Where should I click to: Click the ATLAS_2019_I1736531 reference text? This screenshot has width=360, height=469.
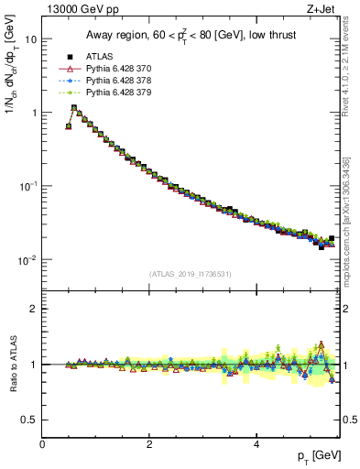coord(191,274)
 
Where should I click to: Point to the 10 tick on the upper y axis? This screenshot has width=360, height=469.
coord(30,39)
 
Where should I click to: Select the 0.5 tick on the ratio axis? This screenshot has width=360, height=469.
coord(29,420)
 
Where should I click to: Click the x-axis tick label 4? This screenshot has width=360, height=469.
coord(256,444)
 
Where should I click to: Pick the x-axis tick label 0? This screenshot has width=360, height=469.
coord(43,444)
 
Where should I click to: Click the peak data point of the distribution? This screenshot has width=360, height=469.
coord(74,107)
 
